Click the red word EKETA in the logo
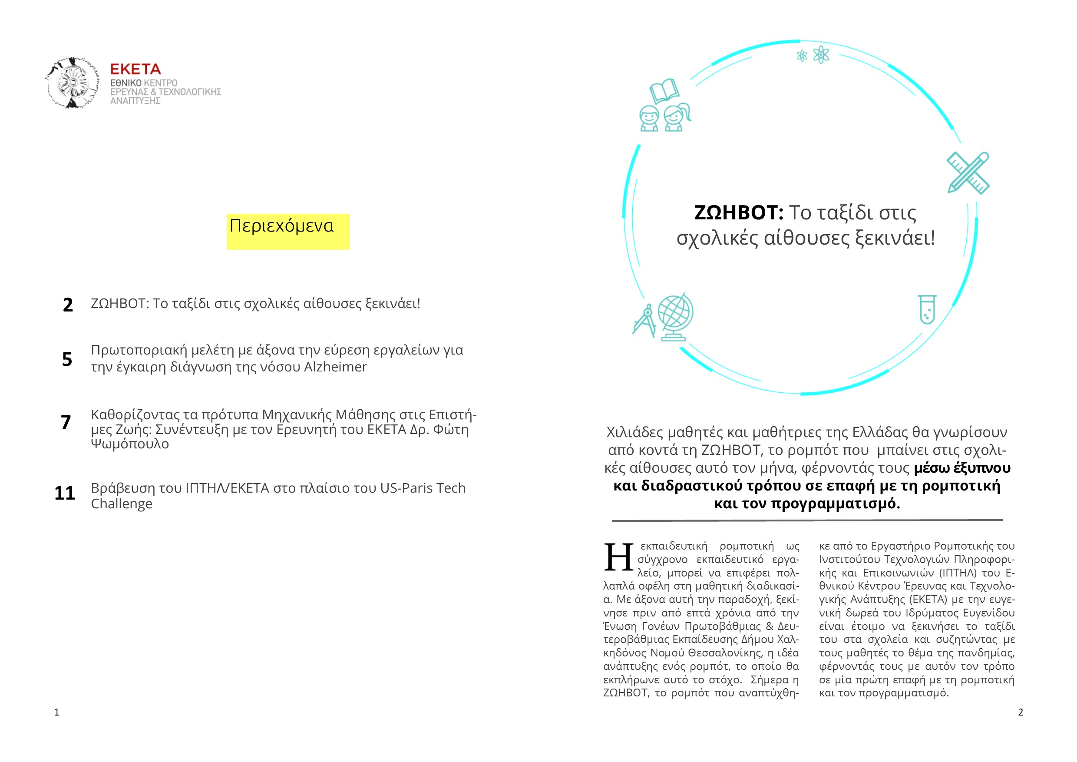[135, 70]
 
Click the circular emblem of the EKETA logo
[73, 83]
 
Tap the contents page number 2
[68, 305]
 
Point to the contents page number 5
[67, 359]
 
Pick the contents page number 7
[66, 422]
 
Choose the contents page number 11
[65, 493]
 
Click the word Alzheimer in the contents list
[335, 367]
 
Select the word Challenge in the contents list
[122, 504]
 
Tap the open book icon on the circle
[664, 90]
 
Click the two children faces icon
[665, 117]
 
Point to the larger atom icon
[821, 55]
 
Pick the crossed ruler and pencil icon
[968, 172]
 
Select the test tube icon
[927, 309]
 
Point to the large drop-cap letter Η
[618, 557]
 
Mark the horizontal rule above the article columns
[807, 520]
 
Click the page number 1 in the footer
[57, 712]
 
